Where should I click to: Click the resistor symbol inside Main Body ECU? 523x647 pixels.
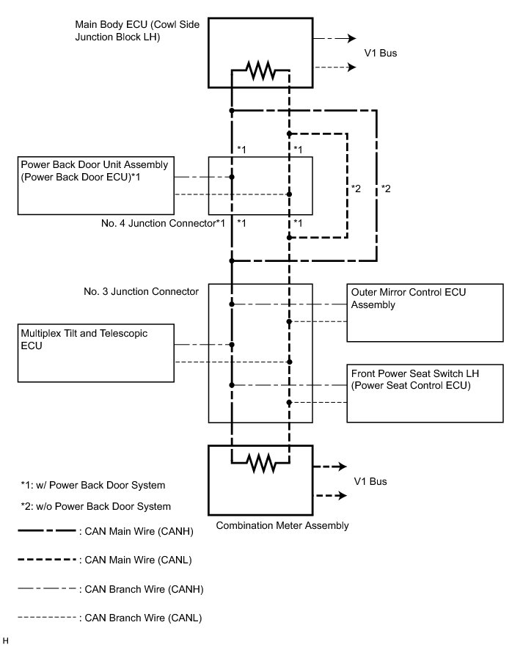(x=260, y=70)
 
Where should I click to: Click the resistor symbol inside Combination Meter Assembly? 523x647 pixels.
(x=260, y=463)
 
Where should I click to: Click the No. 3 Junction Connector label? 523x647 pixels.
(x=142, y=292)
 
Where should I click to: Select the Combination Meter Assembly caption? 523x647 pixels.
(x=282, y=525)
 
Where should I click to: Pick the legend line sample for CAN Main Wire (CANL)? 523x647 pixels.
(x=45, y=560)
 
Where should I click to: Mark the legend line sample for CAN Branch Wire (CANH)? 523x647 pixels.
(x=45, y=589)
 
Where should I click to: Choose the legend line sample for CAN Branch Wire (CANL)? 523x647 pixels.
(x=45, y=618)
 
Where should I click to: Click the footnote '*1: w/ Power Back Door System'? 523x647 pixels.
(x=92, y=485)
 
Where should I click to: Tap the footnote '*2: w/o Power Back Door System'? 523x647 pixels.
(x=95, y=506)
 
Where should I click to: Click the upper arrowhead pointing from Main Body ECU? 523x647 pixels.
(x=353, y=39)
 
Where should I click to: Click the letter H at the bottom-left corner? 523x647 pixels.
(x=7, y=640)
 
